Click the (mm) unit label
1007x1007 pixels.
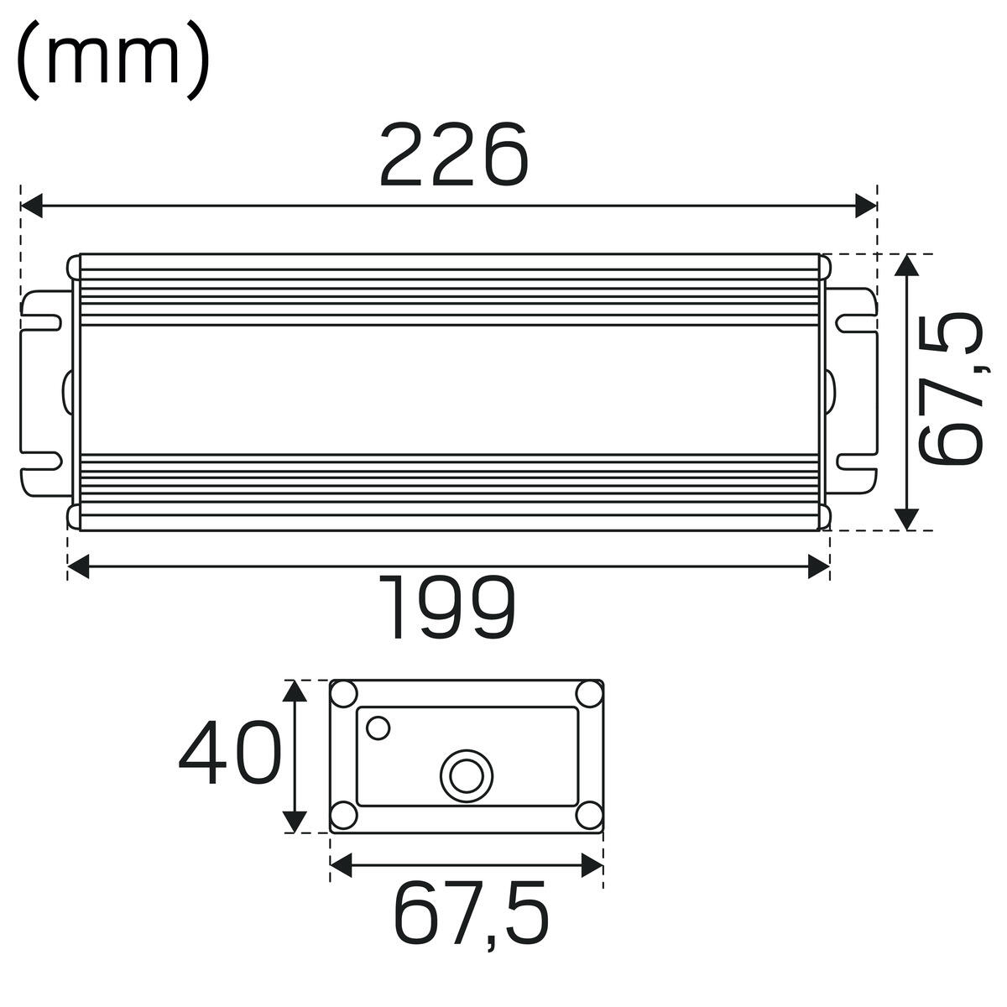(x=113, y=60)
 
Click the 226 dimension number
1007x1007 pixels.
(x=454, y=154)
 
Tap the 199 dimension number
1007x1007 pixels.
(x=446, y=608)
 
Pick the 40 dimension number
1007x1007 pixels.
(x=231, y=753)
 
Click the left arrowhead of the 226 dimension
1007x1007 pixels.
(x=31, y=206)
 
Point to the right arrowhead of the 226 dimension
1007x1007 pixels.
(x=866, y=206)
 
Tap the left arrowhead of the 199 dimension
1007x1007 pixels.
(x=78, y=567)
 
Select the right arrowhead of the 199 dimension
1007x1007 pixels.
(x=819, y=567)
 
